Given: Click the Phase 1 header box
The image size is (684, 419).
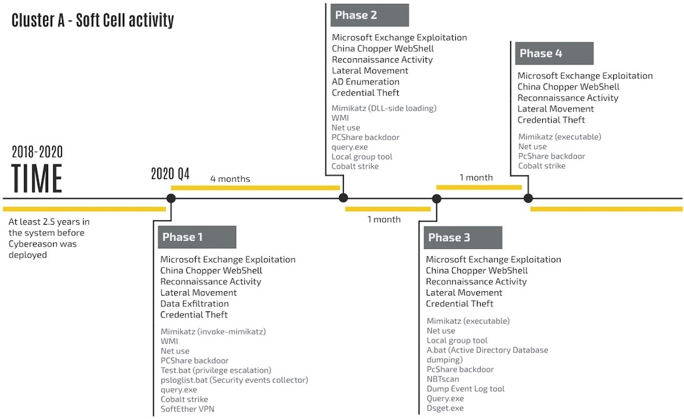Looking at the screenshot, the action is pos(197,237).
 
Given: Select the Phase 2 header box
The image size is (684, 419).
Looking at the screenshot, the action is pos(369,15).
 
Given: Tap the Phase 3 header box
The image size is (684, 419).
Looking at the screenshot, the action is pos(463,237).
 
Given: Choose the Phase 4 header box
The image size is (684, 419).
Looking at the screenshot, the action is pos(554,53).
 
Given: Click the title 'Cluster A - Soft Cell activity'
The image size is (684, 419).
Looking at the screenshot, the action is pos(92,20).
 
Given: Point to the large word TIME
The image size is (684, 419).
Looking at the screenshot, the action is pos(37,178).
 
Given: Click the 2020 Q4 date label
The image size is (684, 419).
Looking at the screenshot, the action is pos(170,173).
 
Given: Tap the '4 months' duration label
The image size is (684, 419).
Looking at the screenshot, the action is pos(230,178).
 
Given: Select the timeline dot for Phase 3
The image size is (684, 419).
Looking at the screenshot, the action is pos(436,199).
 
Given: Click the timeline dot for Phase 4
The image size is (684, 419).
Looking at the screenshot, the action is pos(528,198).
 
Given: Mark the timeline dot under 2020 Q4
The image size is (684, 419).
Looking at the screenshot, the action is pos(171,198).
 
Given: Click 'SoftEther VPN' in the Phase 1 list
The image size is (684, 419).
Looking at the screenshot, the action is pos(187,409).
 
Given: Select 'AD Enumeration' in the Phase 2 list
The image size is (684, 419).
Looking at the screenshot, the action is pos(365,82).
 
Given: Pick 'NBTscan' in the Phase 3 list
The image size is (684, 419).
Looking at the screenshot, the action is pos(443,379).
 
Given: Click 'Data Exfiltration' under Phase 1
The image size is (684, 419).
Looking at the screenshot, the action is pos(194,303).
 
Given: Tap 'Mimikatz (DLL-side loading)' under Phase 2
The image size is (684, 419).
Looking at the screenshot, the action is pos(384,108).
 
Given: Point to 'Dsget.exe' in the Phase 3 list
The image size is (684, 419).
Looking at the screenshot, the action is pos(445,408).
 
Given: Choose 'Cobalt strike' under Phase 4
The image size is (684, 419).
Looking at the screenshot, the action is pos(541,166).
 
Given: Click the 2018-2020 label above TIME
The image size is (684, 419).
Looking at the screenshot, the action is pos(37,152).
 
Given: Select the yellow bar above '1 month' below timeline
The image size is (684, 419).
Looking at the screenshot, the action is pos(388,209).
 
